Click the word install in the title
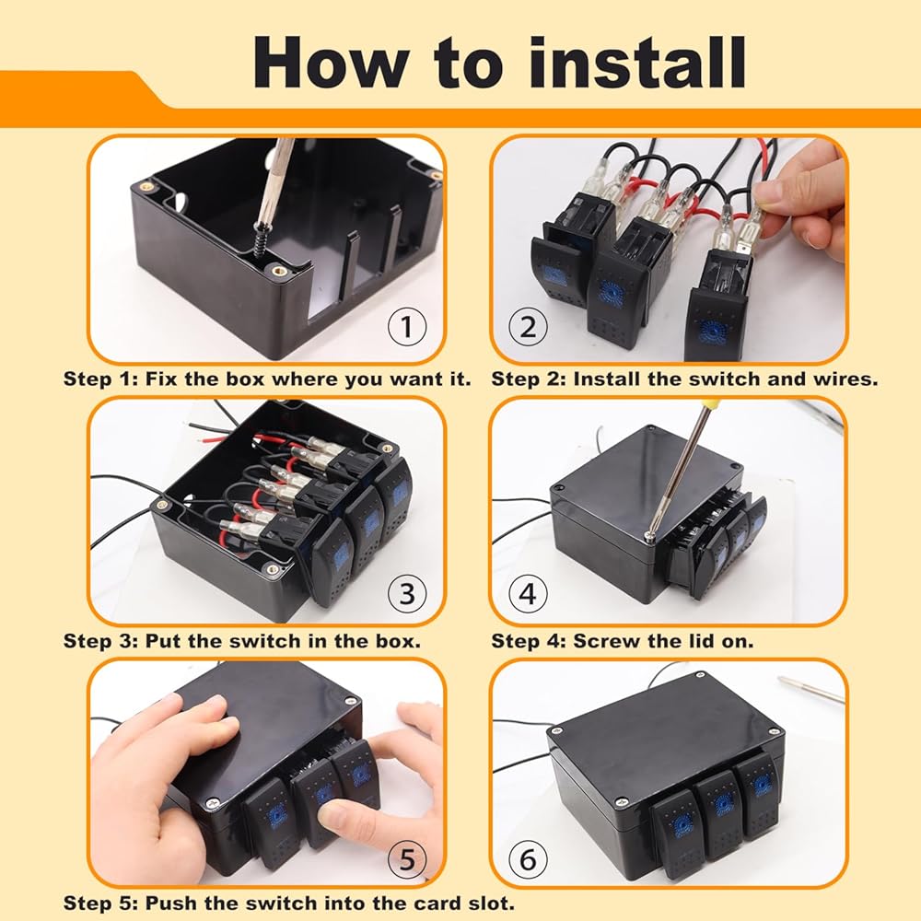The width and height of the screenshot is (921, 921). tap(636, 63)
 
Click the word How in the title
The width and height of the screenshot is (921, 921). tap(332, 63)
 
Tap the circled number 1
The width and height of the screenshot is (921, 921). tap(407, 327)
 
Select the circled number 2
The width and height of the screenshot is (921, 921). tap(528, 327)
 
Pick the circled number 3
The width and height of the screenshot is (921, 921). tap(407, 593)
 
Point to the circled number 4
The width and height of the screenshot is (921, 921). tap(528, 593)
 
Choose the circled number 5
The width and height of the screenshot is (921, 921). tap(407, 859)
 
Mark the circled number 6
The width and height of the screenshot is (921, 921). tap(528, 859)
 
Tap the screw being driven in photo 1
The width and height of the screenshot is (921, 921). tap(261, 239)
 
